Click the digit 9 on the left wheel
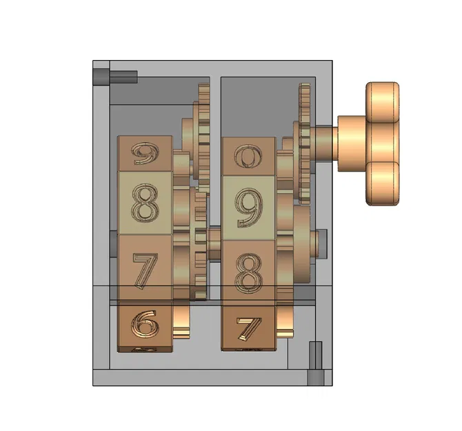145,153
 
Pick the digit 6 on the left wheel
145,323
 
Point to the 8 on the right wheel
248,271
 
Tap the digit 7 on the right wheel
247,329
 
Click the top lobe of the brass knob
383,99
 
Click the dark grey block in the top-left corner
101,74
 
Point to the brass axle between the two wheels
213,238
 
